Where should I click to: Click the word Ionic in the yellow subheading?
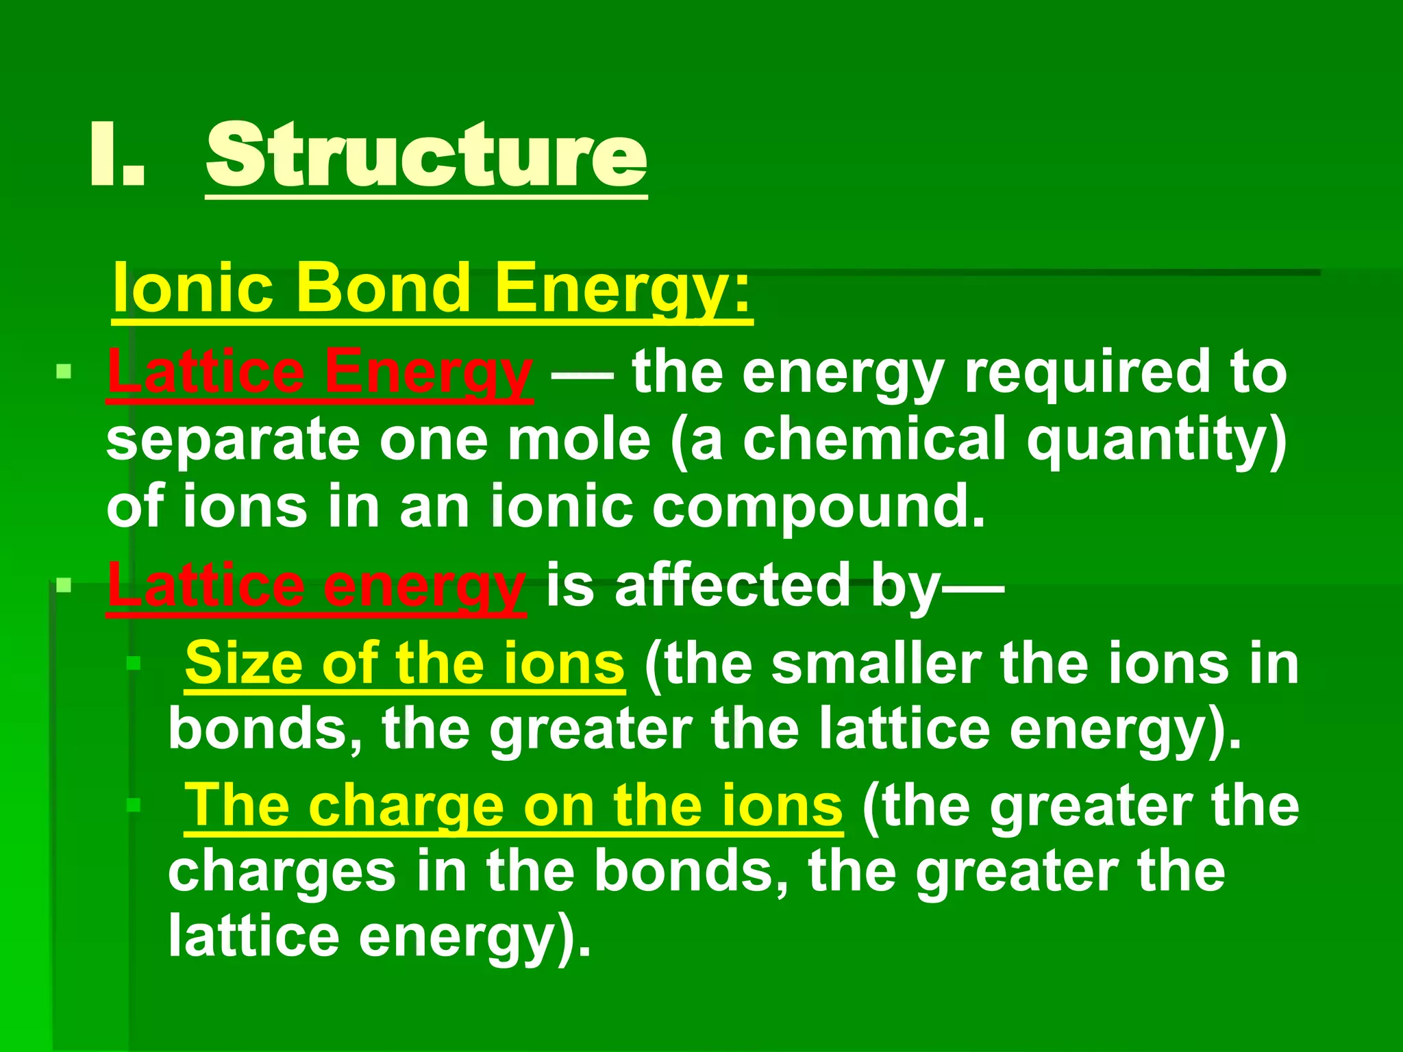(x=194, y=288)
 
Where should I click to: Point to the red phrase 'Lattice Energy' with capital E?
(x=319, y=373)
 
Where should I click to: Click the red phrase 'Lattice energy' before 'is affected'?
(x=316, y=586)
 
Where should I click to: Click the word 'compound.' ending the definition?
(x=819, y=508)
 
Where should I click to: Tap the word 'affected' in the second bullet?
(x=732, y=586)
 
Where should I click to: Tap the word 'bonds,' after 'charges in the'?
(x=691, y=872)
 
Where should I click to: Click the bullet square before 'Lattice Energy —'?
(x=64, y=372)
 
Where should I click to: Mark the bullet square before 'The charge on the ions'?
(x=134, y=805)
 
